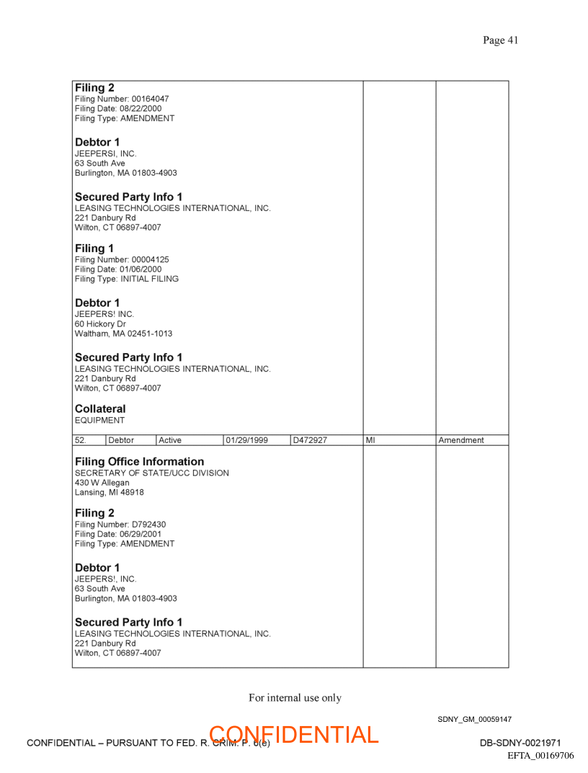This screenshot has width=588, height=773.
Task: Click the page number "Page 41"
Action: (500, 40)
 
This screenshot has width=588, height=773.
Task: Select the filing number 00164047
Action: (150, 99)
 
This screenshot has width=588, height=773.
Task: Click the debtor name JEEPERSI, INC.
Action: (105, 153)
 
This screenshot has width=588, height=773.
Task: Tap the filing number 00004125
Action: (150, 259)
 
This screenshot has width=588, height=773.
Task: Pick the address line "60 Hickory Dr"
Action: (100, 324)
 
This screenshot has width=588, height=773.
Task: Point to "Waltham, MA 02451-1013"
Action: (123, 334)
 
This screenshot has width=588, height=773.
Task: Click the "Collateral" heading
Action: (100, 408)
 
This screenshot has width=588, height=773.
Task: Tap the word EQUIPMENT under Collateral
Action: (99, 420)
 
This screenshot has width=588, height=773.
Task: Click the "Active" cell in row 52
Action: (170, 440)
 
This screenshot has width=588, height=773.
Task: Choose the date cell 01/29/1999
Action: (247, 440)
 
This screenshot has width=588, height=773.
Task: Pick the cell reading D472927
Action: (310, 440)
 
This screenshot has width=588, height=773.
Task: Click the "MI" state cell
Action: (370, 440)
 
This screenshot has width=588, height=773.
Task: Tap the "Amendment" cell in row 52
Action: (461, 440)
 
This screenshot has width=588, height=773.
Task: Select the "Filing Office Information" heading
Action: (139, 461)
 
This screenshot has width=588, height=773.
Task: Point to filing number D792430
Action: (148, 524)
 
